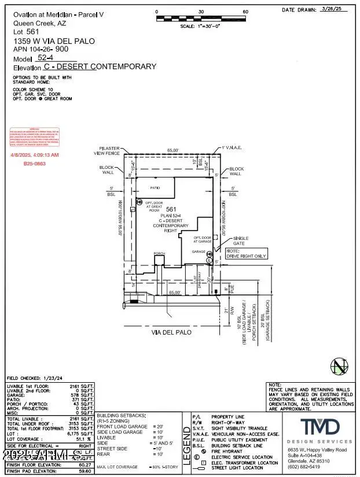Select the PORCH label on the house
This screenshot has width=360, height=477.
(159, 253)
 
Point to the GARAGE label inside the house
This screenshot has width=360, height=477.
(199, 252)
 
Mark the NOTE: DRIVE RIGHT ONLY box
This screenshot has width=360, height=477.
(247, 253)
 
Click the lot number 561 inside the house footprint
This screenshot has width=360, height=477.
(170, 209)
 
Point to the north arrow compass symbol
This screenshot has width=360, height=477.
(340, 365)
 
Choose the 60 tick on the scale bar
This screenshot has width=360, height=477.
(245, 12)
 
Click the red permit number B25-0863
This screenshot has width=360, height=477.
(34, 164)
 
